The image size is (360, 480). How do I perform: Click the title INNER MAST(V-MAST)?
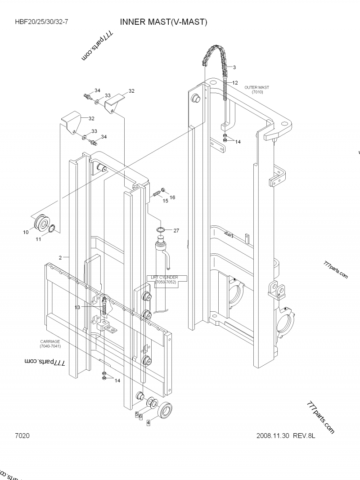tap(163, 22)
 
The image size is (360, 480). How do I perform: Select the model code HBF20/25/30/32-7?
tap(41, 22)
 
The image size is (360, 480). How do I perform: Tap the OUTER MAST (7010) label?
tap(257, 90)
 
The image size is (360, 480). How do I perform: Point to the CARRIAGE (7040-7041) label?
tap(50, 344)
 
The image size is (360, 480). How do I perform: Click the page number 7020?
tap(22, 435)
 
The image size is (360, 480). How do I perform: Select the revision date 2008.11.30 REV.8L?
tap(286, 435)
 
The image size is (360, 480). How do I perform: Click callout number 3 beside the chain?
tap(234, 67)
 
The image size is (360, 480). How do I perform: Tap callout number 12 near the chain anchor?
tap(235, 83)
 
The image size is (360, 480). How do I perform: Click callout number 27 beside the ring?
tap(176, 230)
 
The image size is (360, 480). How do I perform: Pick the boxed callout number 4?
tap(148, 423)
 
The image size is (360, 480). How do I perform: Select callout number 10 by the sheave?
tap(26, 232)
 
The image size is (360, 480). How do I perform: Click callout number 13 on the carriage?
tap(77, 307)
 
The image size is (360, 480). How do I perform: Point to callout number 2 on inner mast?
tap(60, 257)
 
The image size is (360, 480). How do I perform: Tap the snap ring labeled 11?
tap(52, 229)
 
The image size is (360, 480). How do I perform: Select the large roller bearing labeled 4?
tap(164, 409)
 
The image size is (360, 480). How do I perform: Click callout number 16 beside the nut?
tap(172, 197)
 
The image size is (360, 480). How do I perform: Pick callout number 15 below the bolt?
tap(165, 201)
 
